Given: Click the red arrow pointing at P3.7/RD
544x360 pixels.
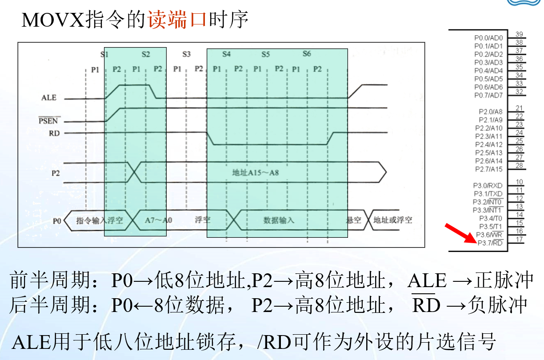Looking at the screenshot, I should (460, 235).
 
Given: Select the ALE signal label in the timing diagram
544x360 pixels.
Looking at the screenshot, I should (49, 97).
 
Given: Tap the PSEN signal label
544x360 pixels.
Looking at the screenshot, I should (49, 120).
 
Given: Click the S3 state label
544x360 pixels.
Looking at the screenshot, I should (186, 54).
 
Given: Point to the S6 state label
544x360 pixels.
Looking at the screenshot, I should (307, 54).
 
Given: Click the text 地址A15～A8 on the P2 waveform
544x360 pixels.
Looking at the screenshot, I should (256, 172).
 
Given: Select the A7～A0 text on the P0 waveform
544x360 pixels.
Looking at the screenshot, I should (159, 220).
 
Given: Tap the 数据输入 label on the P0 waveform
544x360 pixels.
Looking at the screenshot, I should (279, 220).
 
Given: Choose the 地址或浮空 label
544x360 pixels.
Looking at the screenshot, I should (393, 220).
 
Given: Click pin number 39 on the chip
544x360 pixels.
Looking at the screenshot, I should (519, 34).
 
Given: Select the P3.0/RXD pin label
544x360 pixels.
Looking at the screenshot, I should (488, 185).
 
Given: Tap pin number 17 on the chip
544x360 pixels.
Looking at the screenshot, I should (519, 239).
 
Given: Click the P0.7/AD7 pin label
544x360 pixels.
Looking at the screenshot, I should (488, 95).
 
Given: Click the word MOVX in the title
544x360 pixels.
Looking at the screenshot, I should (52, 20).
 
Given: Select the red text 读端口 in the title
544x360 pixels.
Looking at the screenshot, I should (176, 20).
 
